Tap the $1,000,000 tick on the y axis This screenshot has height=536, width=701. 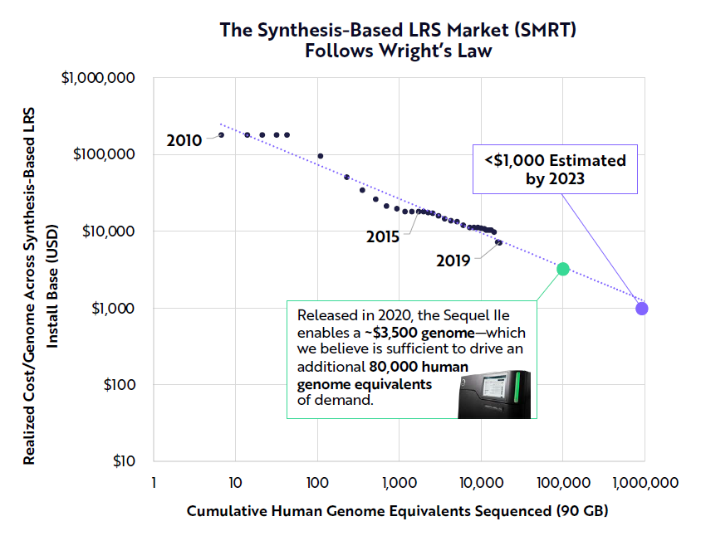104,79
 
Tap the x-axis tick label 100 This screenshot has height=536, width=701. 317,482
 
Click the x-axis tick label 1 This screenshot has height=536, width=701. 154,482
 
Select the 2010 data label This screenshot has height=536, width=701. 184,140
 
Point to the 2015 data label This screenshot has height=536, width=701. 383,236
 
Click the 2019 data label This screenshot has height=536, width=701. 453,261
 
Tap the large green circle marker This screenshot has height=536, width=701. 562,269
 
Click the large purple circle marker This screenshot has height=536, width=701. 642,309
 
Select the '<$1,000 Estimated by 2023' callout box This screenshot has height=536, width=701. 555,168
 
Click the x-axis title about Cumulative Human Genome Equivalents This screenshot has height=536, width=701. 397,510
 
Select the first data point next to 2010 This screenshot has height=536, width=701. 221,134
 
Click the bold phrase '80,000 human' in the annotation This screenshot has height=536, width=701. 419,366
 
